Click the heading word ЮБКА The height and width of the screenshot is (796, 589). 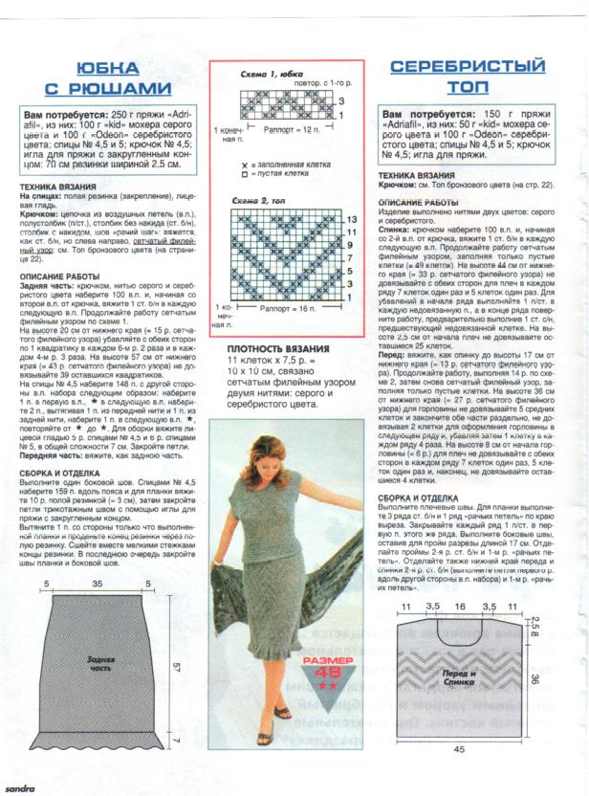106,68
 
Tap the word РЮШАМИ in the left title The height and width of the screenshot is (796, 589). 119,88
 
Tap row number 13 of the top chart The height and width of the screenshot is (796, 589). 351,220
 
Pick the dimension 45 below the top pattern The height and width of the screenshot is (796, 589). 459,748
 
